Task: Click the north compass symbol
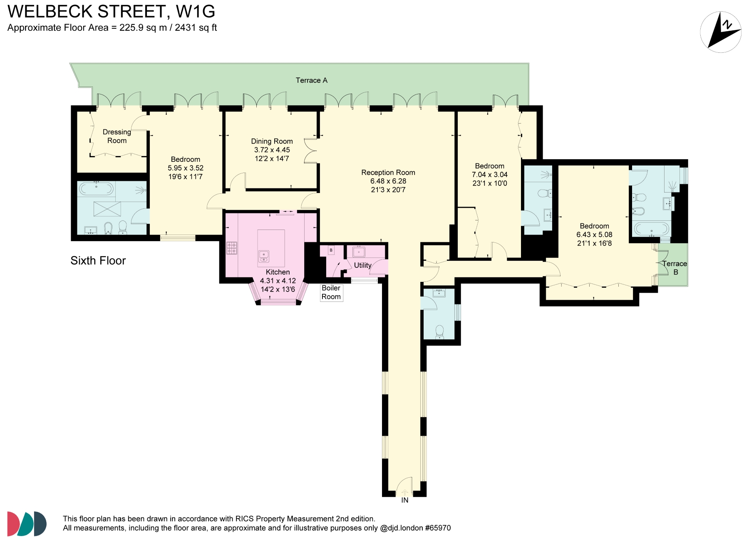pos(721,32)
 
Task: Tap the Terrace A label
pos(311,80)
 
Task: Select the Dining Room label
pos(272,141)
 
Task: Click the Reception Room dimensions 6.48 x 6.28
pos(388,181)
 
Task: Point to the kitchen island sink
pos(264,256)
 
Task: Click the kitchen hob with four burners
pos(232,248)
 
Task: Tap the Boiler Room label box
pos(331,292)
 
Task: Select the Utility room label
pos(362,265)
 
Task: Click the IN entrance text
pos(404,500)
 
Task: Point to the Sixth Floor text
pos(98,261)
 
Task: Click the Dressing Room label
pos(117,136)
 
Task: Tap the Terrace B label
pos(675,268)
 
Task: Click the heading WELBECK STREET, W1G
pos(112,12)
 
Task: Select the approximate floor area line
pos(112,28)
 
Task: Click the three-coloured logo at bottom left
pos(27,524)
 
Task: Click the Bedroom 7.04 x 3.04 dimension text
pos(489,175)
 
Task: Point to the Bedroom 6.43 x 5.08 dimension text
pos(594,235)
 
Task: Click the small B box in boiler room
pos(331,250)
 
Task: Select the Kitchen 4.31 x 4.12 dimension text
pos(278,281)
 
